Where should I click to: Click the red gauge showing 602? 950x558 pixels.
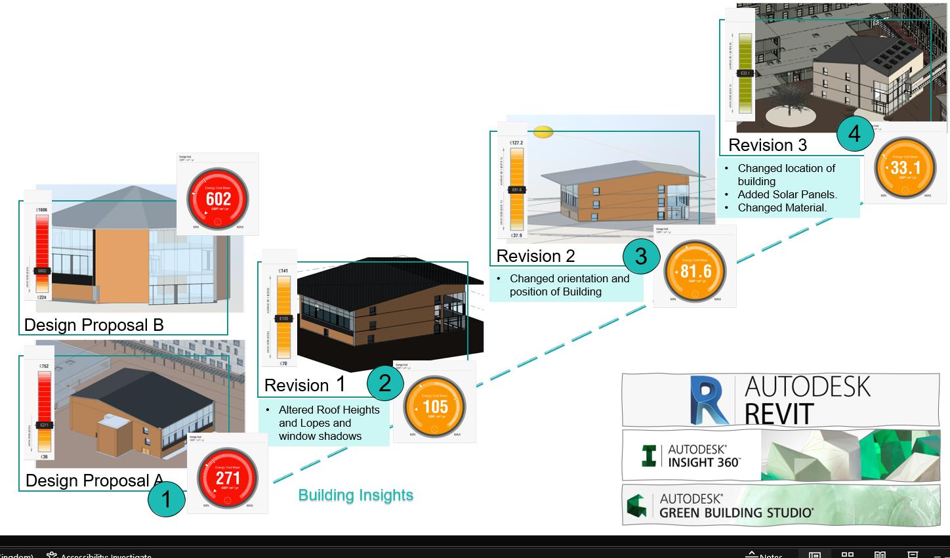(x=218, y=198)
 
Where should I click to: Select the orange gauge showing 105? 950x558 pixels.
(x=435, y=406)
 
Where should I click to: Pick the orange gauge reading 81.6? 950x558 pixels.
(x=695, y=271)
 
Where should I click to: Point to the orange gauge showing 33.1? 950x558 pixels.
(x=905, y=167)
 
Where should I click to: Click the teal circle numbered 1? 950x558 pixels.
(x=166, y=499)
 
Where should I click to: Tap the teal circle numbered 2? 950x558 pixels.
(x=384, y=383)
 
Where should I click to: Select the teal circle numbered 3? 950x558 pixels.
(x=640, y=256)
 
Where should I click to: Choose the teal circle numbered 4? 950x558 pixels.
(x=854, y=134)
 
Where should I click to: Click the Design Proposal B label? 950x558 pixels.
(x=94, y=325)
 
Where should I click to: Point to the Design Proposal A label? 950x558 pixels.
(x=94, y=481)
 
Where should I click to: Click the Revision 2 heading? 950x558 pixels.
(x=535, y=256)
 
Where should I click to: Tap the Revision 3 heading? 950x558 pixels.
(x=768, y=145)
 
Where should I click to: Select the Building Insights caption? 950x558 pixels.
(x=356, y=496)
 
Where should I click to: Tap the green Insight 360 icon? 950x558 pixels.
(x=650, y=456)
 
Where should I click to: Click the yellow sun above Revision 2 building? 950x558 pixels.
(x=544, y=132)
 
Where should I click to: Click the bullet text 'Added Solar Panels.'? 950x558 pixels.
(x=787, y=194)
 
